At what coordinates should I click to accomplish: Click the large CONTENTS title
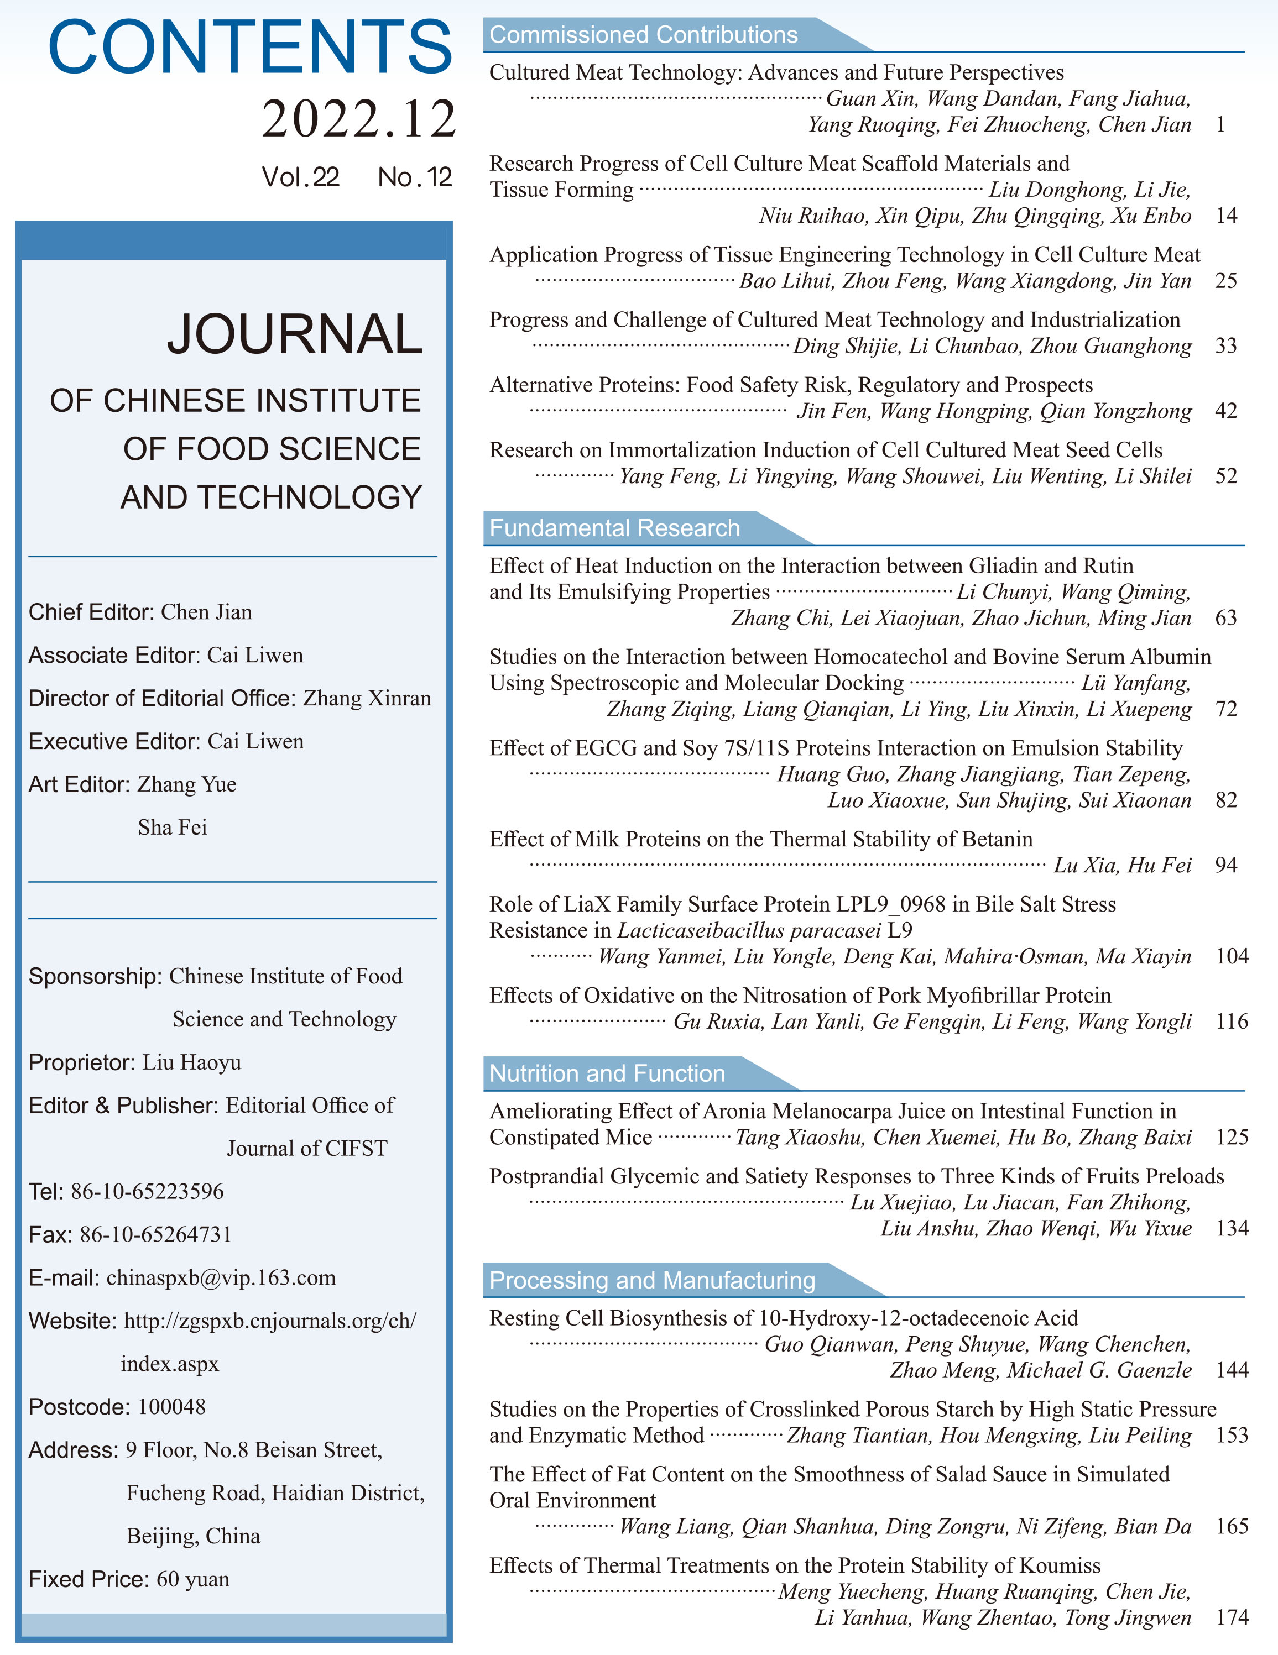pos(250,47)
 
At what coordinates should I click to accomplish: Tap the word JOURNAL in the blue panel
pos(294,334)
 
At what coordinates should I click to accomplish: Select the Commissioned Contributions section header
pos(644,35)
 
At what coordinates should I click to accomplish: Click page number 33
pos(1225,346)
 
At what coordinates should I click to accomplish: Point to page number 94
pos(1225,866)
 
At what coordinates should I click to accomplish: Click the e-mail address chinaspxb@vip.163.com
pos(221,1277)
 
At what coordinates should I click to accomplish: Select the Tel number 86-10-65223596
pos(147,1191)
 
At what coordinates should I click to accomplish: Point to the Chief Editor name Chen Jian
pos(206,612)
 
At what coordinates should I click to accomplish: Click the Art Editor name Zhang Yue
pos(186,784)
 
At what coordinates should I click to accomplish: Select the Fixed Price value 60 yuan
pos(192,1579)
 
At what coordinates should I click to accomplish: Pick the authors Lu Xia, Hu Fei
pos(1122,866)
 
